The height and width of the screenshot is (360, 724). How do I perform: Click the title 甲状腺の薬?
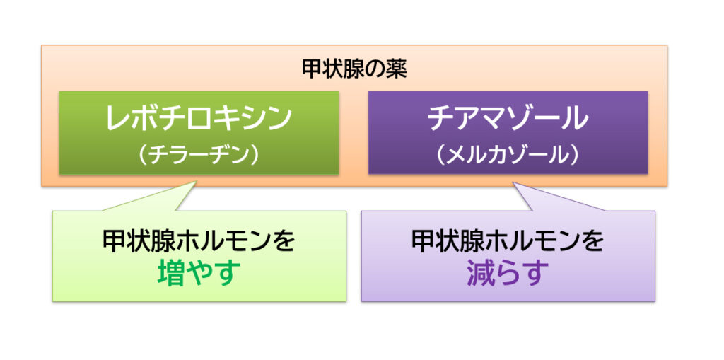(x=354, y=70)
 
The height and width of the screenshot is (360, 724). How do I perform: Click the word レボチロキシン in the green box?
(x=199, y=118)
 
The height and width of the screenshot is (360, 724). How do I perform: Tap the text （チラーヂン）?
(x=199, y=156)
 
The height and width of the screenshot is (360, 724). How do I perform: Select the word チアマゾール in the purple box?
(x=508, y=118)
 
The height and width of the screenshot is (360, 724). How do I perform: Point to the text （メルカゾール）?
(x=508, y=156)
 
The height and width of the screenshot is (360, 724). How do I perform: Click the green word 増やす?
(x=199, y=273)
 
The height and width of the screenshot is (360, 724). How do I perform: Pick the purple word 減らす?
(x=508, y=273)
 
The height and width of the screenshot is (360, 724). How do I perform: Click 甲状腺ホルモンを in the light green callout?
(x=199, y=240)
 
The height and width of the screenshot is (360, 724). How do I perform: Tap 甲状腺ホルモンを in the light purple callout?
(x=508, y=240)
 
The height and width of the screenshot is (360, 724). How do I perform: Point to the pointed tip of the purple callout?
(x=514, y=183)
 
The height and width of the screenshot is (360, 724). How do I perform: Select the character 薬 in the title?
(x=397, y=70)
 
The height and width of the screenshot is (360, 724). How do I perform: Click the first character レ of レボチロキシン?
(x=117, y=119)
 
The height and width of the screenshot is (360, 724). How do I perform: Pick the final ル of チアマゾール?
(x=577, y=119)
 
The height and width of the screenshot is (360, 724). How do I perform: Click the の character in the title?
(x=375, y=70)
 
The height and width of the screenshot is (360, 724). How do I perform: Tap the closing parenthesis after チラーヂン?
(x=255, y=156)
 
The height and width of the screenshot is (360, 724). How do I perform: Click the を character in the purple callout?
(x=593, y=240)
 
